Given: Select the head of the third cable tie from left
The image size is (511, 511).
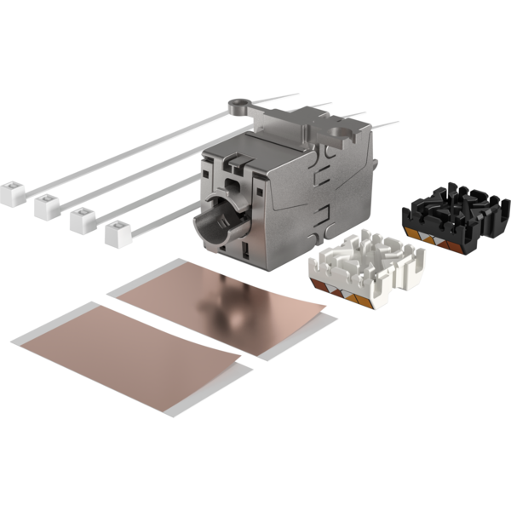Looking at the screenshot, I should pyautogui.click(x=82, y=219).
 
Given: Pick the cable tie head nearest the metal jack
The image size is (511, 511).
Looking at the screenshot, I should pyautogui.click(x=118, y=231).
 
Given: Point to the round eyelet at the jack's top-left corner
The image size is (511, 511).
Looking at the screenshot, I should pyautogui.click(x=238, y=106).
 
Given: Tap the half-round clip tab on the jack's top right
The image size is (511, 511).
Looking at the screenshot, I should pyautogui.click(x=345, y=129).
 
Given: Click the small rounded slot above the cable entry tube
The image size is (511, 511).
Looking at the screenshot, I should pyautogui.click(x=231, y=186).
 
